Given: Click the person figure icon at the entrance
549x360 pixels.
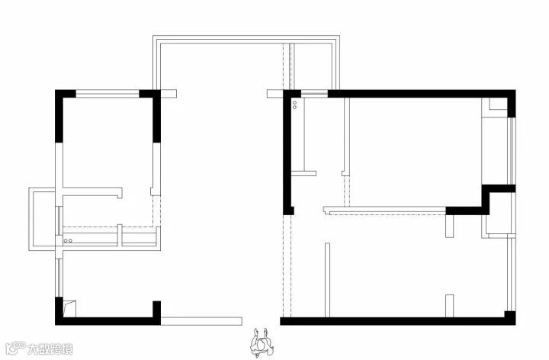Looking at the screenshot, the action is click(262, 342).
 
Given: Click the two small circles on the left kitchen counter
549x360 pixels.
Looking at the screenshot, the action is click(67, 241).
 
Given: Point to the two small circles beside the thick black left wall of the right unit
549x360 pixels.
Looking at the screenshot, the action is click(295, 103).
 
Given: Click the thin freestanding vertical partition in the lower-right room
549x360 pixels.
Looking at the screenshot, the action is click(327, 279).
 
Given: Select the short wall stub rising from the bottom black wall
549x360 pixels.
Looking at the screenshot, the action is click(450, 305).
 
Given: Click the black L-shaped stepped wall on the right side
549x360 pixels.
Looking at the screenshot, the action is click(488, 200).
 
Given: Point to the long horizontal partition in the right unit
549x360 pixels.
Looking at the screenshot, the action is click(385, 207).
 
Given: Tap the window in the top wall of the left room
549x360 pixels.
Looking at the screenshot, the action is click(107, 94).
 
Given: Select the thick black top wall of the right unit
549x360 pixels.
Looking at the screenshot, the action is click(419, 94).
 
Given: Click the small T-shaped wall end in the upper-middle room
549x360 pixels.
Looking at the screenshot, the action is click(307, 172).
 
